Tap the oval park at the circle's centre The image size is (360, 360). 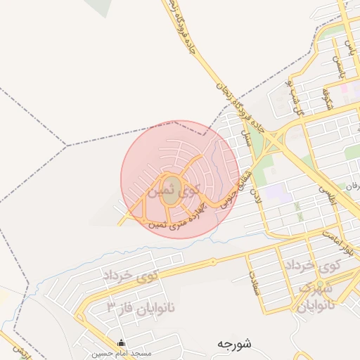coord(172,196)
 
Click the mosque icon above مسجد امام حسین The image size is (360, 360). coord(122,343)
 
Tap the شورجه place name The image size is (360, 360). coord(235,344)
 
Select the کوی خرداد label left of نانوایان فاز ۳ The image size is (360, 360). coord(131,276)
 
